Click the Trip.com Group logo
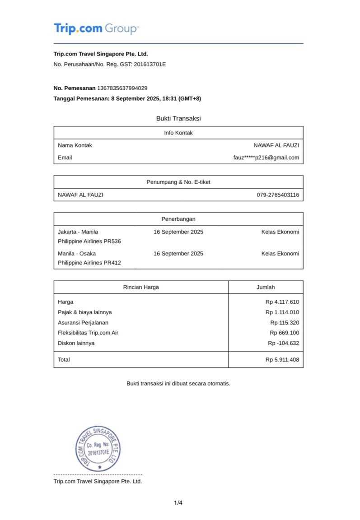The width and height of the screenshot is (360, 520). (96, 29)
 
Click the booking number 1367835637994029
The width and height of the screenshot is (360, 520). (122, 88)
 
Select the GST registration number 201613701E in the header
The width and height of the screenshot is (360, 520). (150, 64)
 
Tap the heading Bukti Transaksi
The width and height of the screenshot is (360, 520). (178, 118)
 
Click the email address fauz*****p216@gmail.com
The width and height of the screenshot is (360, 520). (266, 158)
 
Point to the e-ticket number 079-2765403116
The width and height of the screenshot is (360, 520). (278, 195)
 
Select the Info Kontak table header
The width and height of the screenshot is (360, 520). (178, 133)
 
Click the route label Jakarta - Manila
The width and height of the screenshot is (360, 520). (78, 232)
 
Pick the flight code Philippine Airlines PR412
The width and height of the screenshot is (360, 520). (89, 263)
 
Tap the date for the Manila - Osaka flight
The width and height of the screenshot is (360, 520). (178, 254)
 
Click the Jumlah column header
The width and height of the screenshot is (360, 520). (266, 287)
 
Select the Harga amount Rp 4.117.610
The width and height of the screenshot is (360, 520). (282, 302)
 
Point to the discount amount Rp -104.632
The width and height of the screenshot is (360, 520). (283, 343)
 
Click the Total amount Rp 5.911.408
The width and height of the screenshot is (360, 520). (282, 360)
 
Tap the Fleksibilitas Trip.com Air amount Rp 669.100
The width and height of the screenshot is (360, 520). (285, 333)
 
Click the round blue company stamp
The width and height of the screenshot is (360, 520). (98, 449)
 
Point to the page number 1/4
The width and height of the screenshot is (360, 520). (178, 503)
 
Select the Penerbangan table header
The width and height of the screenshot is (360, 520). (178, 219)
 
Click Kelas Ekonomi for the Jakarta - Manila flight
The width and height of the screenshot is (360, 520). (280, 232)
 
